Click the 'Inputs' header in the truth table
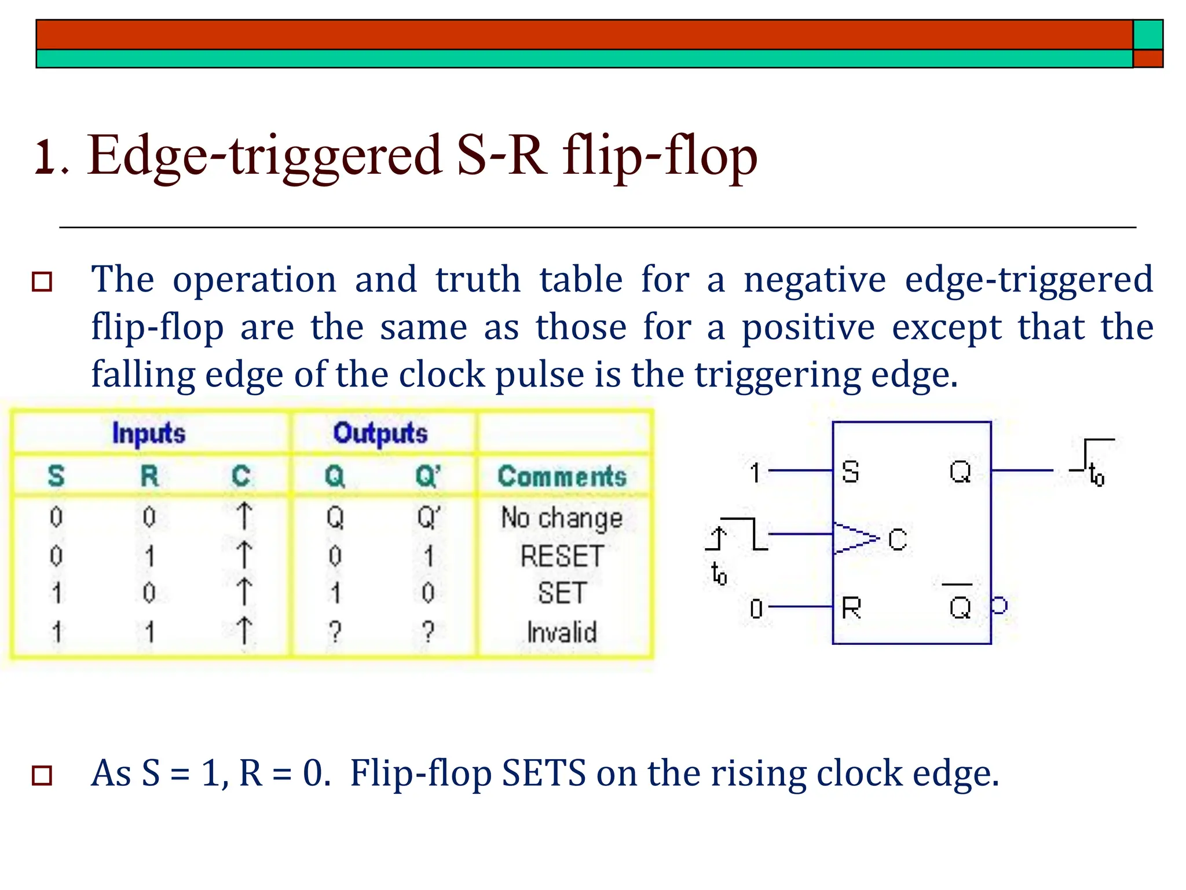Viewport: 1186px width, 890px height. click(x=149, y=433)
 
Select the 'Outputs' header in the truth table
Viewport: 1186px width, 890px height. click(x=380, y=433)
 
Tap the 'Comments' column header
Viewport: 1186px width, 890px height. click(x=562, y=476)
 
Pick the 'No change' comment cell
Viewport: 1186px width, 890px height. click(x=562, y=517)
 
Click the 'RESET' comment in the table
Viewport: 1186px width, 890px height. click(x=562, y=556)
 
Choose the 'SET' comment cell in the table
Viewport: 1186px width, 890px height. click(x=562, y=593)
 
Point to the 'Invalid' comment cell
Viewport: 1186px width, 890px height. click(x=562, y=632)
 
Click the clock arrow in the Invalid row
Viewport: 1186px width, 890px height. click(x=244, y=630)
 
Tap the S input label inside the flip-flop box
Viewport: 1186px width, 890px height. click(x=850, y=472)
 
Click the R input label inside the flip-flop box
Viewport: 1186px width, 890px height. click(x=851, y=608)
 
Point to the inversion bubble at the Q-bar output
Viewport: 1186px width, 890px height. click(x=999, y=606)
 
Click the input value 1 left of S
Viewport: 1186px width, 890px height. click(x=755, y=473)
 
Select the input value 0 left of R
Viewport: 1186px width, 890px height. click(x=756, y=609)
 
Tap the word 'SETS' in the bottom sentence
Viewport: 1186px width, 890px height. click(x=544, y=773)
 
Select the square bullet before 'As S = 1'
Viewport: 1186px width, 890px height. click(x=42, y=775)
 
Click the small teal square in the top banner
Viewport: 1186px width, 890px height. click(x=1148, y=35)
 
